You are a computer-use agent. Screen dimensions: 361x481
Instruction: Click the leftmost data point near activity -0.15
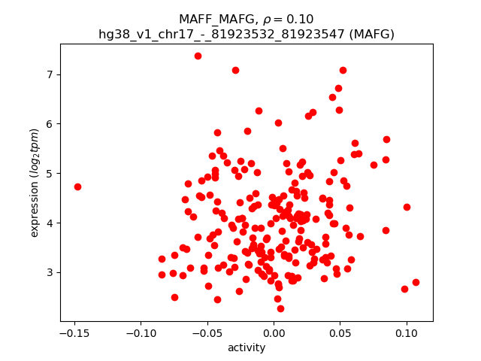[77, 187]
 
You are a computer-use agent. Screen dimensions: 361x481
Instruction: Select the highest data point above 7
[198, 56]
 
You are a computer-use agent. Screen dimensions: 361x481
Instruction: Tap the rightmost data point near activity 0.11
[416, 282]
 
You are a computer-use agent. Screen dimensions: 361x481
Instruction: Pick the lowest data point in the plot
[280, 308]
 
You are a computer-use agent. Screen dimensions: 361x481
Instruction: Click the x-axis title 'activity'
[247, 347]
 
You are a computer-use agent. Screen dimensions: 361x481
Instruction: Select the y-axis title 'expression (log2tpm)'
[35, 182]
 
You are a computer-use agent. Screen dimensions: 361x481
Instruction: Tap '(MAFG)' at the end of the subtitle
[368, 34]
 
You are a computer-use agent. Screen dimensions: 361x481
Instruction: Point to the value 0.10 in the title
[299, 20]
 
